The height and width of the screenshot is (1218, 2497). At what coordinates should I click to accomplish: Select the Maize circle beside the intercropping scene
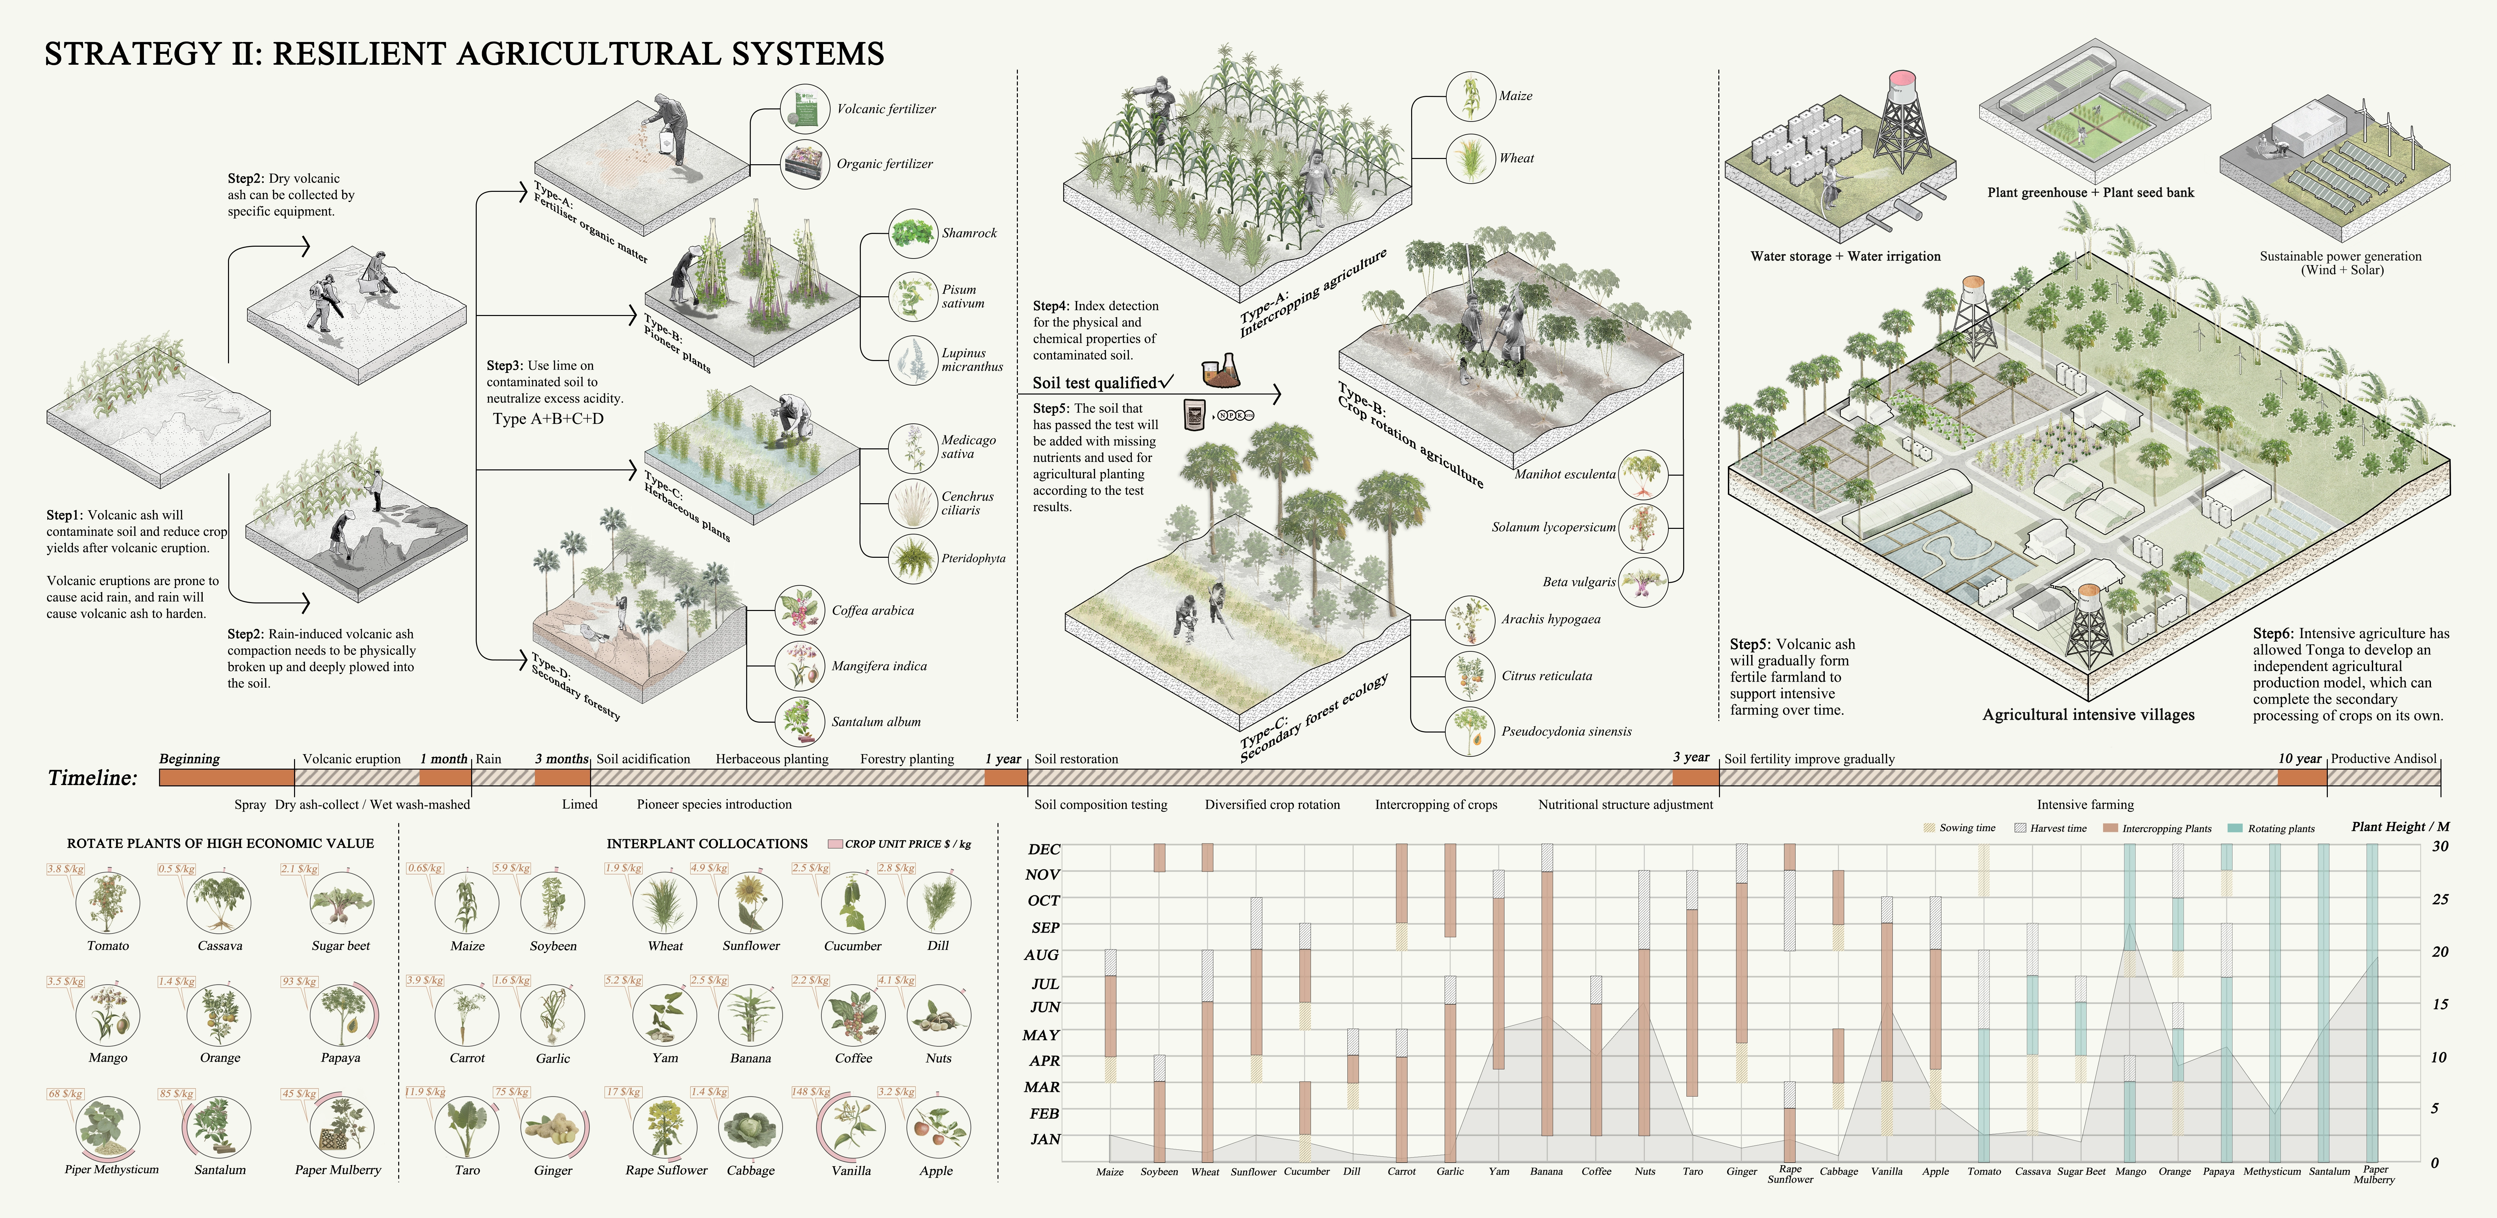pyautogui.click(x=1470, y=96)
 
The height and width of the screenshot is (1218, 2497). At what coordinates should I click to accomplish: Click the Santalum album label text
pyautogui.click(x=875, y=722)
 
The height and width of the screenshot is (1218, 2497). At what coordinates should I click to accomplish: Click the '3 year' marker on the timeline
pyautogui.click(x=1690, y=758)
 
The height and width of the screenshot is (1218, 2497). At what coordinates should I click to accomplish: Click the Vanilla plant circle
pyautogui.click(x=851, y=1126)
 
